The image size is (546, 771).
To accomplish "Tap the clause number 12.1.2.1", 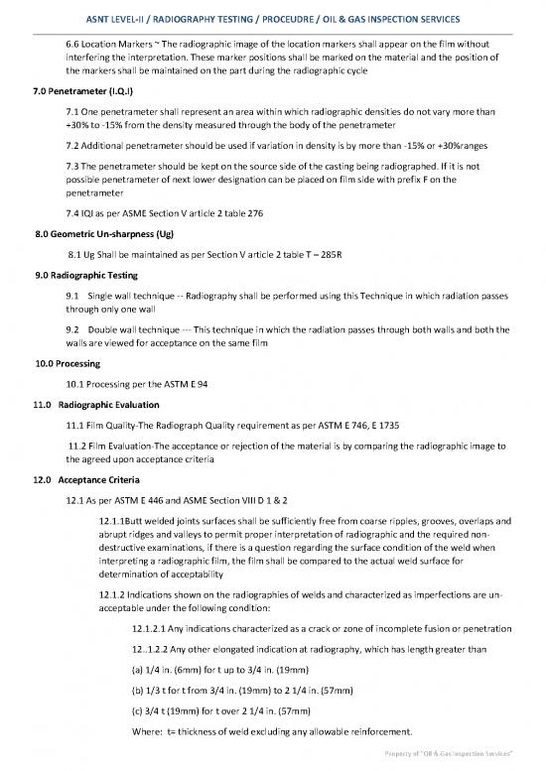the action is point(153,628).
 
